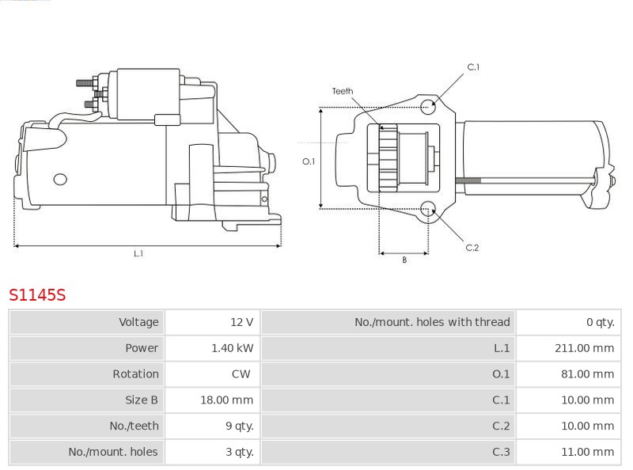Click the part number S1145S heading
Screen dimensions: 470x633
pyautogui.click(x=37, y=295)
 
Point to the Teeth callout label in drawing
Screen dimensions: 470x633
pyautogui.click(x=343, y=92)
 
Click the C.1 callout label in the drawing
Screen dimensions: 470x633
pyautogui.click(x=473, y=67)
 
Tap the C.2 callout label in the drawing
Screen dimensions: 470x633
pyautogui.click(x=472, y=248)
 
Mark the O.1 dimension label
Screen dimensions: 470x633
pyautogui.click(x=309, y=161)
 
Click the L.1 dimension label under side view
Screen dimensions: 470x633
pyautogui.click(x=138, y=254)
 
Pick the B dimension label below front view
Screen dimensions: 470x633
pyautogui.click(x=404, y=260)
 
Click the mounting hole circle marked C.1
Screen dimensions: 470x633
pyautogui.click(x=427, y=106)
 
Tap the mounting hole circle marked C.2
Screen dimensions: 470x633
pyautogui.click(x=428, y=209)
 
